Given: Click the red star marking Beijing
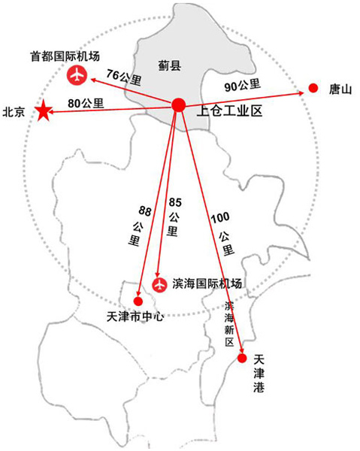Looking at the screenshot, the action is [x=44, y=110].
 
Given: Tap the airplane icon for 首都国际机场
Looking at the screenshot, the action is [x=77, y=75].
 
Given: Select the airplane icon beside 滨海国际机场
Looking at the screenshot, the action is [x=159, y=286].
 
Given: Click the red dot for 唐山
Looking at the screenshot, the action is [x=313, y=88].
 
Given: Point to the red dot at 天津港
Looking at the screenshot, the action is [x=242, y=359].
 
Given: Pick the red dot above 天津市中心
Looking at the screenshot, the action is [x=138, y=301].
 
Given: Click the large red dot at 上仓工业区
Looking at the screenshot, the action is [x=179, y=105].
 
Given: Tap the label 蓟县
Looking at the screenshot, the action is [x=170, y=66].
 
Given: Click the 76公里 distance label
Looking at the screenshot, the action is [x=124, y=77].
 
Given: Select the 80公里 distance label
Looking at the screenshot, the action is [x=86, y=103].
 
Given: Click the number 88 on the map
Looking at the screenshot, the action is [x=145, y=211].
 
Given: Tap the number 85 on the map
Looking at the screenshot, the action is [x=175, y=202].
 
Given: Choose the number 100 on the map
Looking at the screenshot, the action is [x=220, y=218].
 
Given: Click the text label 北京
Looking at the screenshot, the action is [x=14, y=112].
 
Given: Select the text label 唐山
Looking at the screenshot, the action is [x=340, y=89].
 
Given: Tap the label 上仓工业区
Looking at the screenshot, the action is [x=229, y=111].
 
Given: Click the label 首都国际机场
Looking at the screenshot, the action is [x=65, y=56].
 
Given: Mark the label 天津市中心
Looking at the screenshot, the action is [x=135, y=316].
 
